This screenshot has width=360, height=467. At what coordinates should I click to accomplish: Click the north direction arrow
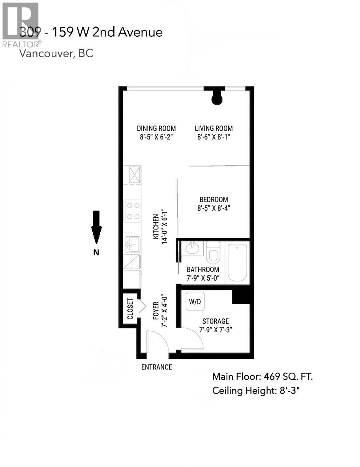96,227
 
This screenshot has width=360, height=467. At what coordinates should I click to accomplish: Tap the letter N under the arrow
96,253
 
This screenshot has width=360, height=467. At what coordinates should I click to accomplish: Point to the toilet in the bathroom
213,253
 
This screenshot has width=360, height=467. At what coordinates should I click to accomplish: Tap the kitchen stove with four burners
133,211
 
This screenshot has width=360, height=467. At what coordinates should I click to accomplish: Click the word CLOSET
130,309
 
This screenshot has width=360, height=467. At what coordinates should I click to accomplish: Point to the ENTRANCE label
157,367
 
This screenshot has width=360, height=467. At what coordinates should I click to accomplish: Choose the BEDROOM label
213,200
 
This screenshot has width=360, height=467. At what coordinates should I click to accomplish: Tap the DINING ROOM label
156,128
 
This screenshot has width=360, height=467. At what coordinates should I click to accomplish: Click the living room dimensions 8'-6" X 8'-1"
214,137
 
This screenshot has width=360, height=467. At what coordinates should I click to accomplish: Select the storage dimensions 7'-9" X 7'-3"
215,330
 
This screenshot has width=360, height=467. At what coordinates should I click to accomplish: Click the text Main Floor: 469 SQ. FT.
262,377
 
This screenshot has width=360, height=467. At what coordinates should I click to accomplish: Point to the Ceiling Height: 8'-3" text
257,391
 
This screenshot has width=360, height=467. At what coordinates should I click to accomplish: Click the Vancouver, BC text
56,54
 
